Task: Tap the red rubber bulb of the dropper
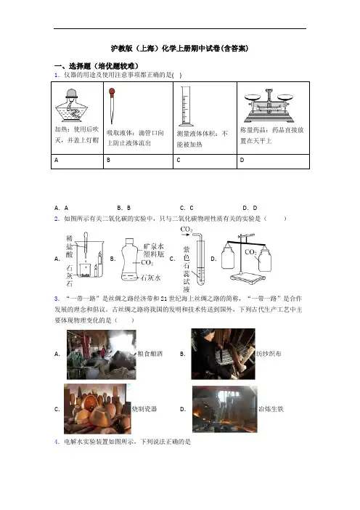tap(112, 92)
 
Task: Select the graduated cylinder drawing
tap(186, 106)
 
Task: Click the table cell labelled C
tap(205, 161)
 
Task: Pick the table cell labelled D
tap(273, 161)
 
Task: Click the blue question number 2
tap(57, 219)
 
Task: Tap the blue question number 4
tap(57, 442)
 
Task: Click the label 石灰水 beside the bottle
tap(150, 278)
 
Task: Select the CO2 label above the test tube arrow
tap(187, 230)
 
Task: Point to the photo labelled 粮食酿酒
tap(102, 355)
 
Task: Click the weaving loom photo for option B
tap(223, 354)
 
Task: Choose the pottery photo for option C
tap(97, 408)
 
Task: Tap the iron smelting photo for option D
tap(224, 409)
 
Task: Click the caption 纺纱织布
tap(269, 354)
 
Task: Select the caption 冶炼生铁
tap(271, 409)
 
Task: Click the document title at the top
tap(180, 49)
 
